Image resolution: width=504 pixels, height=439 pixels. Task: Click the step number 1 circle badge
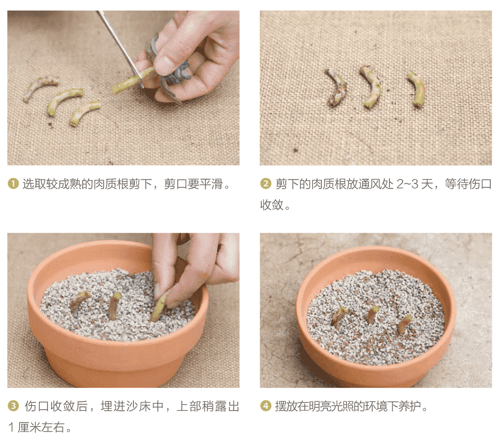13,183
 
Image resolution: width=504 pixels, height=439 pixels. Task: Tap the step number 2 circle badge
266,183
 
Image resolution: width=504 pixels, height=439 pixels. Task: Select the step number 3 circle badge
13,406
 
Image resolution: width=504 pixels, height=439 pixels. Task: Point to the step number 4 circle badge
266,406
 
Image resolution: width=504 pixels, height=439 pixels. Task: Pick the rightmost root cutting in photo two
418,89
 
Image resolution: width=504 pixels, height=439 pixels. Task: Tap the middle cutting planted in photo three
114,305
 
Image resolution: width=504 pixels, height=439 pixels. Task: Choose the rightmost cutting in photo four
404,324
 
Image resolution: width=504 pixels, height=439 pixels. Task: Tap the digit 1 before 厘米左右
11,427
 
